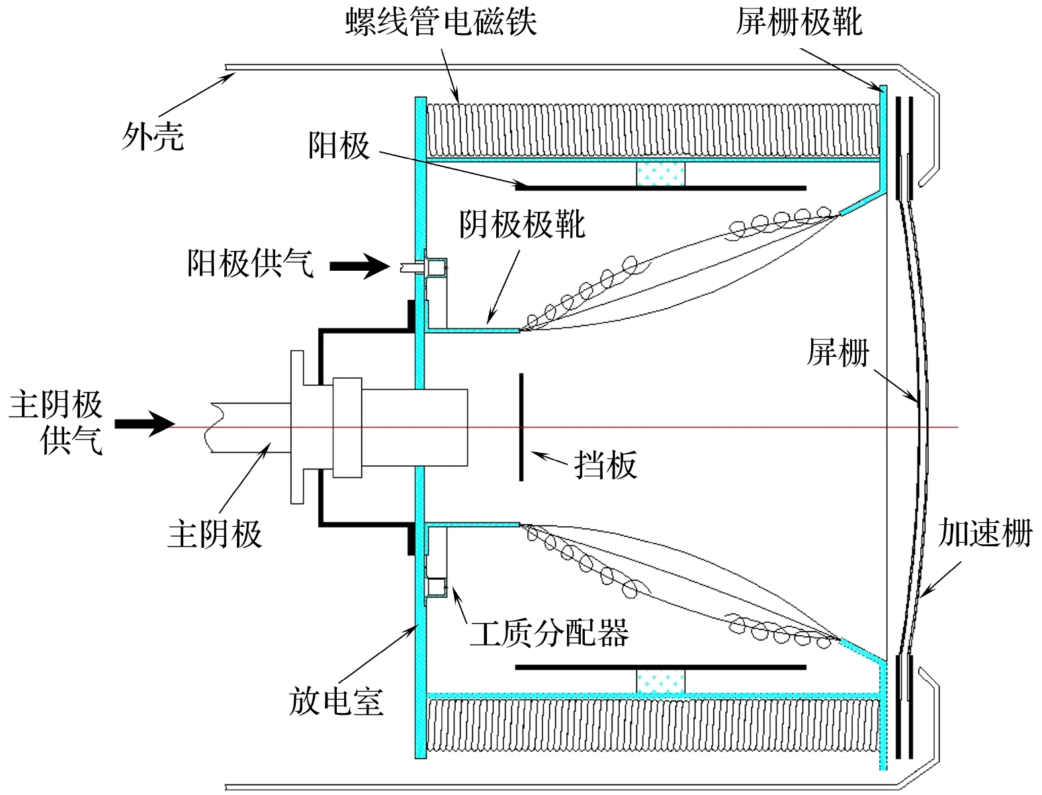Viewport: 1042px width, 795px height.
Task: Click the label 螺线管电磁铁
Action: point(441,21)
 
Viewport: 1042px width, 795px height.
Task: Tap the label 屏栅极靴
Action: point(799,21)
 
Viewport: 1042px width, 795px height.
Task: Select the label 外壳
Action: point(152,137)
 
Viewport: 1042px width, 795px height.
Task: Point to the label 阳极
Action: point(339,145)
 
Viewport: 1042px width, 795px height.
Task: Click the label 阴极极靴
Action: point(522,224)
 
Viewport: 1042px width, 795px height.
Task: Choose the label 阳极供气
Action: point(250,263)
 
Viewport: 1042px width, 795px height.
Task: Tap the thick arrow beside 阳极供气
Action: point(359,267)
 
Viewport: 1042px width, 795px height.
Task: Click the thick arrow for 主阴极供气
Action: point(144,424)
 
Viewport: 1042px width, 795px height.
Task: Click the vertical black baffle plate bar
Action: point(521,427)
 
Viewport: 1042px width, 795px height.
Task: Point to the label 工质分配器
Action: point(549,633)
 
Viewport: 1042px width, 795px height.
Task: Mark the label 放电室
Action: point(336,701)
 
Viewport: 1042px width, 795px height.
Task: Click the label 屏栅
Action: point(838,351)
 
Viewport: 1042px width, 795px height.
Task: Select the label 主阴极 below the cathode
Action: point(215,534)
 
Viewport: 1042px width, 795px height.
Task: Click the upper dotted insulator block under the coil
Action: point(660,174)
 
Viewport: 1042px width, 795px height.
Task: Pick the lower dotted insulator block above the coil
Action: point(660,681)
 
